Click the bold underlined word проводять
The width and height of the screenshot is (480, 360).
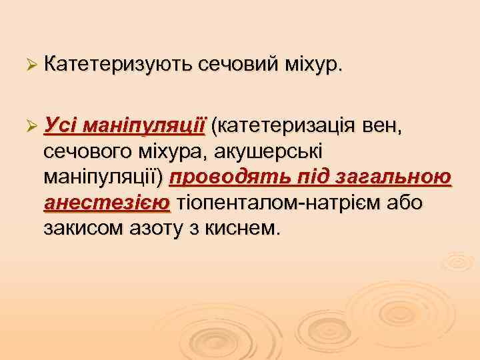click(x=223, y=177)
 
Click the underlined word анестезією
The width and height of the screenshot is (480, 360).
click(x=106, y=203)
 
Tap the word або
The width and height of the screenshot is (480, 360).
click(x=402, y=203)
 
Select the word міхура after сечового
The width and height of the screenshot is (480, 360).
click(x=175, y=151)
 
